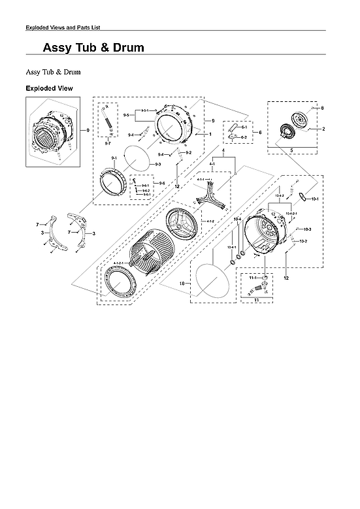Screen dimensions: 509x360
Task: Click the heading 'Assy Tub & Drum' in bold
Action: click(93, 48)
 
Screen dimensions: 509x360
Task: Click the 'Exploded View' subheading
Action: click(49, 88)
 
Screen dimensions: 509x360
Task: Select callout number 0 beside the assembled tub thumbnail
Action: click(87, 130)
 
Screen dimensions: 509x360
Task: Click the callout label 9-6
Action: click(161, 183)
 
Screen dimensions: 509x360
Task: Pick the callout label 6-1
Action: click(243, 127)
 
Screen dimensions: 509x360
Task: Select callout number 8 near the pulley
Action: click(322, 107)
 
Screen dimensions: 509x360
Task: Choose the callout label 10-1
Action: click(315, 199)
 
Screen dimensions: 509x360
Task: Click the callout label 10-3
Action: click(308, 229)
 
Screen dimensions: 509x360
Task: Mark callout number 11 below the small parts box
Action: click(257, 300)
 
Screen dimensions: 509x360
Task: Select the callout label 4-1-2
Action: click(211, 222)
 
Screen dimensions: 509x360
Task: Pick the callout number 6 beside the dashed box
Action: click(261, 132)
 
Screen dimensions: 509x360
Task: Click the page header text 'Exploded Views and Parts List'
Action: click(62, 27)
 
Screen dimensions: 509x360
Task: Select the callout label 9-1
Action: click(114, 158)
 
